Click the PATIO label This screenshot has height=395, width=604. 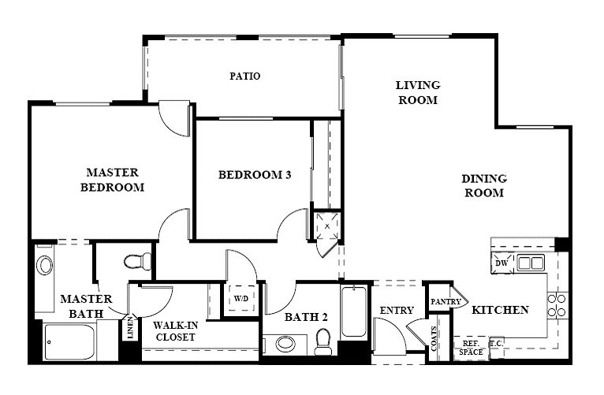(245, 76)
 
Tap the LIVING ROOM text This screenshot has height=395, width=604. (418, 92)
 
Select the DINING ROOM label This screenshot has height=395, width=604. (484, 185)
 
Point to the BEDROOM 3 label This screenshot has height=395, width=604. (255, 175)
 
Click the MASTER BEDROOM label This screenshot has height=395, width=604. (112, 180)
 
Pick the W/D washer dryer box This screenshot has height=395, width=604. (241, 298)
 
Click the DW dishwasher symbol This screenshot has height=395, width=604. (502, 263)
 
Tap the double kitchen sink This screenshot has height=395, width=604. (531, 263)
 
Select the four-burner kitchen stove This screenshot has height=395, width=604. (557, 305)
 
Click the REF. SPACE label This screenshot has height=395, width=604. (471, 348)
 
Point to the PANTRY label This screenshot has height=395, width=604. (446, 302)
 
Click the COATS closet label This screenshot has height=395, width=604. (434, 339)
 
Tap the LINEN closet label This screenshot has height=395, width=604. (130, 328)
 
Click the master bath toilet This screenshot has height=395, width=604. (137, 262)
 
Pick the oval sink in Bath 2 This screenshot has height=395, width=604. (285, 344)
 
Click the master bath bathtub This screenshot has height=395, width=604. (69, 342)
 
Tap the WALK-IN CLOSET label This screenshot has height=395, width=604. (176, 331)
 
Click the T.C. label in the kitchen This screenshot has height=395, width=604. (497, 343)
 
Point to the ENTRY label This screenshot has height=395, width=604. (397, 311)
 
